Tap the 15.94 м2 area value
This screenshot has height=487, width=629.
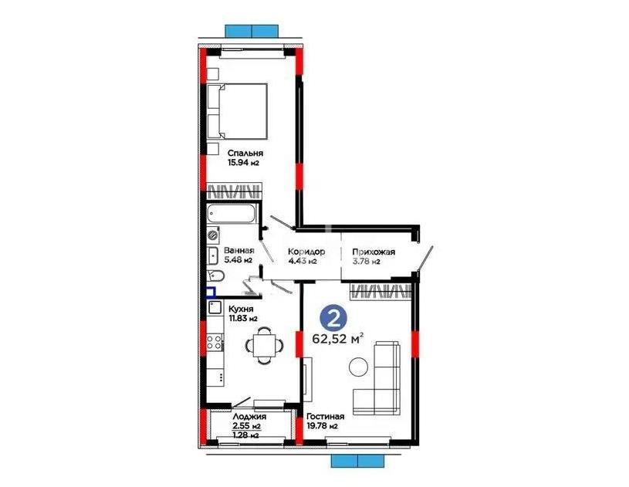tap(242, 163)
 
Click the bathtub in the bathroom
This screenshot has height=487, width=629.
tap(233, 214)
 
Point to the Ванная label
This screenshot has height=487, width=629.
tap(239, 251)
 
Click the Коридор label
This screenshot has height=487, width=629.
tap(306, 252)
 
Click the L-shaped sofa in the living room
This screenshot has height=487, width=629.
tap(382, 379)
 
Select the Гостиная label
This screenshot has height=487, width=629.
tap(325, 414)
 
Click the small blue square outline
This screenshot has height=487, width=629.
tap(210, 293)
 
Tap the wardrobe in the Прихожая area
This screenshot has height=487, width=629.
tap(379, 291)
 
